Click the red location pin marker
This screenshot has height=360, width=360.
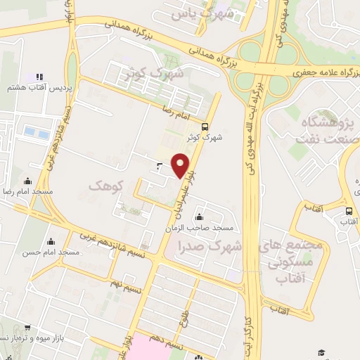181,165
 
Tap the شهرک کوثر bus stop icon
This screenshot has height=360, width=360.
205,127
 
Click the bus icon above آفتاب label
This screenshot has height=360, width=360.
349,211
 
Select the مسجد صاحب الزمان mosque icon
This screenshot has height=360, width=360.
201,216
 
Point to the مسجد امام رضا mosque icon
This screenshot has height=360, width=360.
27,181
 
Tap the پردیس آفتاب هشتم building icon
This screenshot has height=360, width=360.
39,76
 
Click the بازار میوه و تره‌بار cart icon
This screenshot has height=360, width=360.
27,328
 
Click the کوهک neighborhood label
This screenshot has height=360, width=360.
106,185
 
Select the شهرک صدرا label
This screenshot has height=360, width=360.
210,247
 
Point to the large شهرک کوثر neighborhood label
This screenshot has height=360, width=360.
151,72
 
